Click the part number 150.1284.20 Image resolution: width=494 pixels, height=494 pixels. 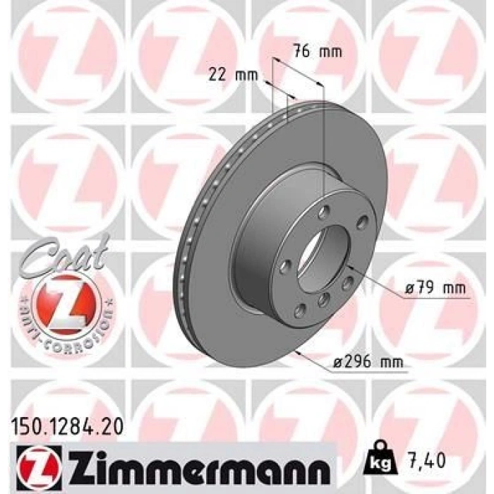(68, 425)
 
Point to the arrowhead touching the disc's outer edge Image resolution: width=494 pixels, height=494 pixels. (300, 349)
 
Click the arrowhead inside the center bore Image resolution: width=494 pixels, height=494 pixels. (351, 266)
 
